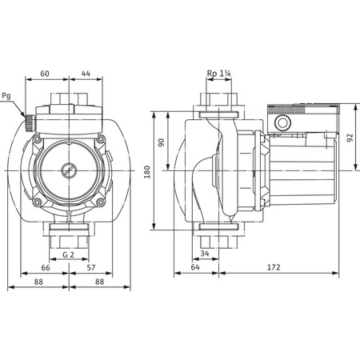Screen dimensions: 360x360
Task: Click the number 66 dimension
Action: [46, 269]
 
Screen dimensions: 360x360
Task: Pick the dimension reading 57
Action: [90, 269]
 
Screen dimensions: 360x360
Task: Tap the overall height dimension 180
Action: [147, 171]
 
